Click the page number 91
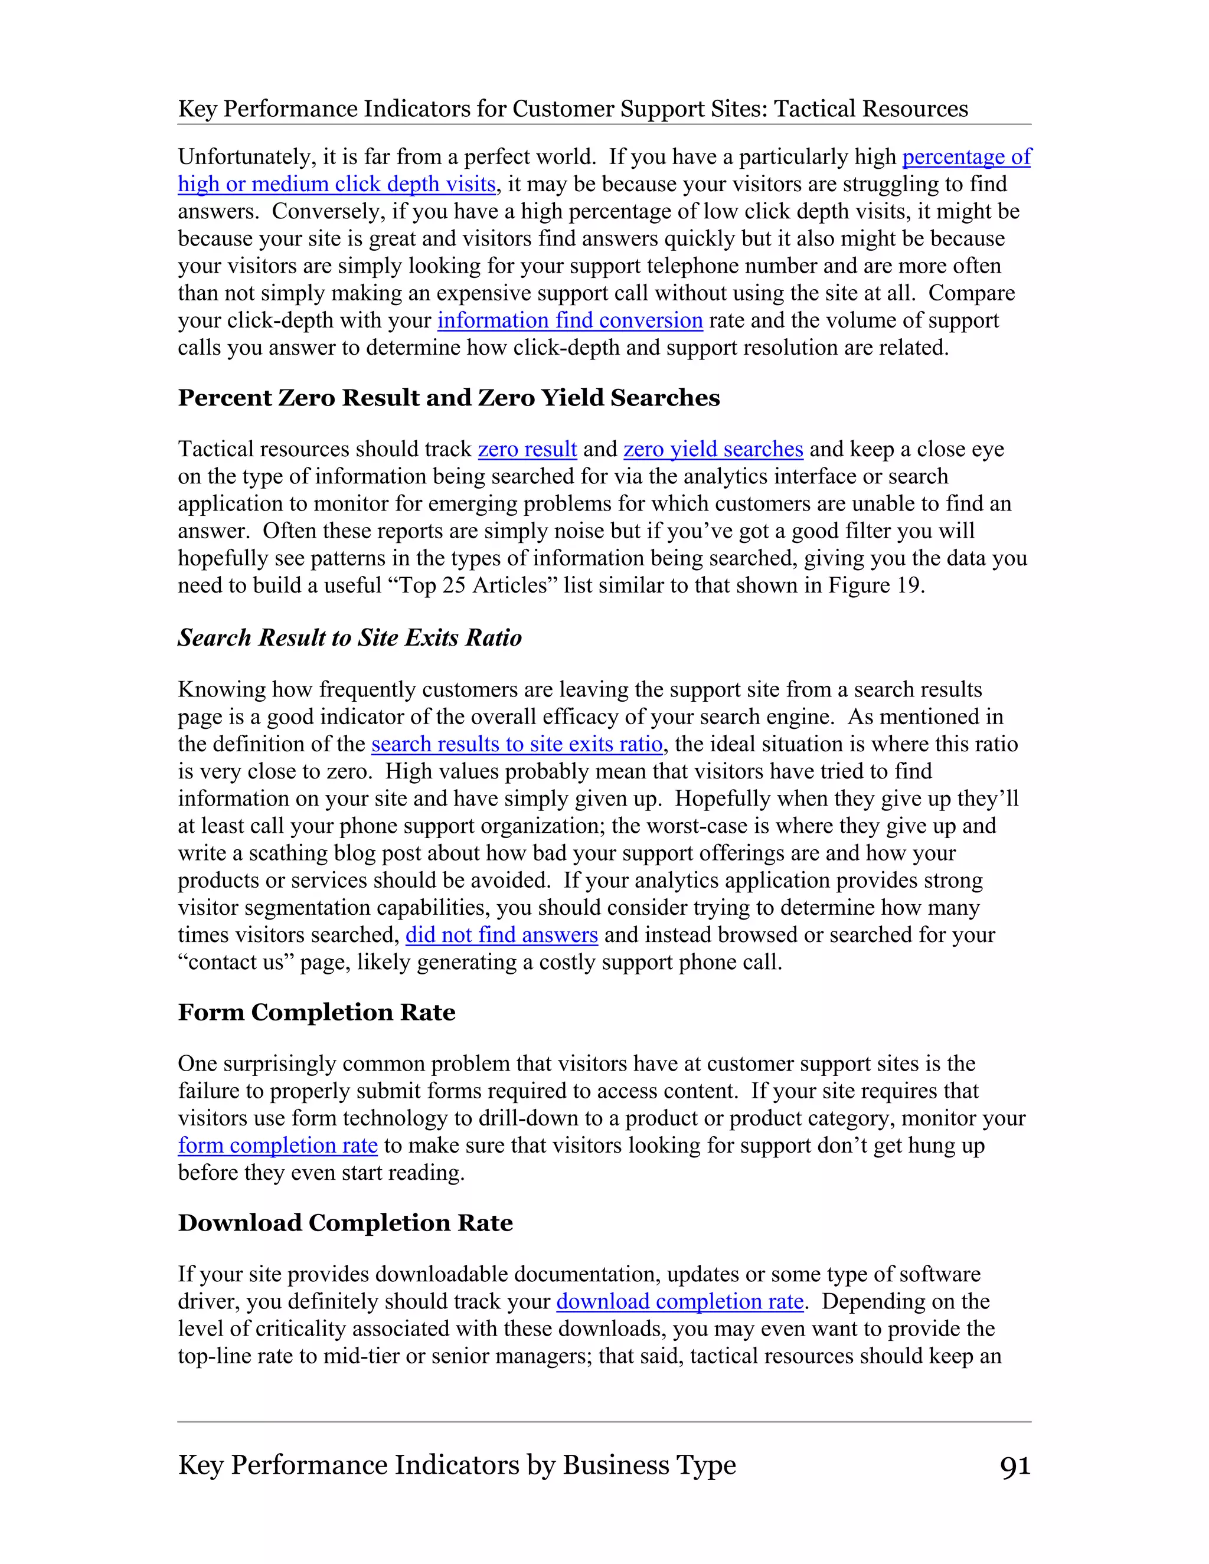point(1015,1466)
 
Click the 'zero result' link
point(527,449)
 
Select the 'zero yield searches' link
point(713,449)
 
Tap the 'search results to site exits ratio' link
point(517,744)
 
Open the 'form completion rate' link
point(277,1145)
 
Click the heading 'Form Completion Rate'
point(316,1013)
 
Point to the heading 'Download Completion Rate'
point(345,1223)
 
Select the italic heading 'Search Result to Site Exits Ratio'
point(349,638)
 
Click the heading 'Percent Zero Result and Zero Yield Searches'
point(449,398)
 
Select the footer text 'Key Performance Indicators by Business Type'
point(456,1465)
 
